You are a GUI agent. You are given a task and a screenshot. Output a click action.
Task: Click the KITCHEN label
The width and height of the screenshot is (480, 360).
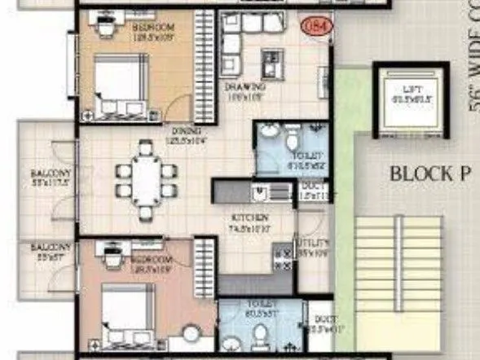point(249,218)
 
